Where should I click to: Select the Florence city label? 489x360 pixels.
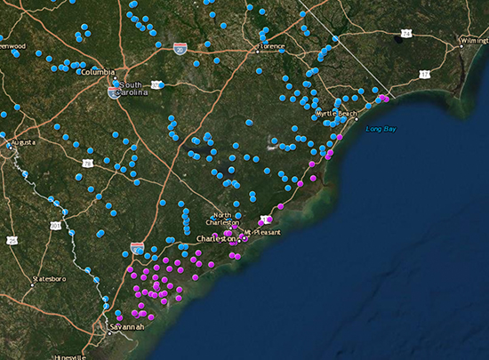270,45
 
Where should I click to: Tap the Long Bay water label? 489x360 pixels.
381,130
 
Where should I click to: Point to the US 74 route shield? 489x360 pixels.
405,33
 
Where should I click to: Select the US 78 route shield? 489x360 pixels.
87,164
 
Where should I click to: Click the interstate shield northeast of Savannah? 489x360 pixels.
136,246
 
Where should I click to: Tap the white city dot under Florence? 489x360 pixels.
258,52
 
